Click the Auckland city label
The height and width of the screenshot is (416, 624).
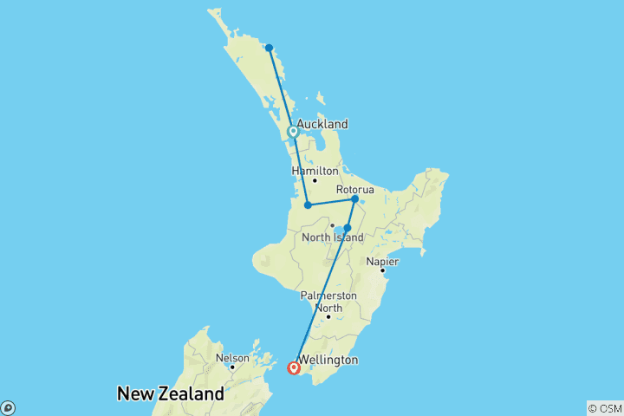click(x=322, y=124)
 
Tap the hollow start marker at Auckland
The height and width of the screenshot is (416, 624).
click(x=293, y=132)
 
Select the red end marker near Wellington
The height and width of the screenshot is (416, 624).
click(x=294, y=368)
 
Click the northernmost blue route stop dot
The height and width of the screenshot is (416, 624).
click(x=270, y=48)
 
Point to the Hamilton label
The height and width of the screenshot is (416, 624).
click(x=315, y=171)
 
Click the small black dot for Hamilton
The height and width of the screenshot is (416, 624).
click(x=315, y=180)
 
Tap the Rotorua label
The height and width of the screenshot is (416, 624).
click(x=355, y=190)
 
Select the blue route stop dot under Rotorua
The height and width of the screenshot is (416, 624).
click(x=354, y=199)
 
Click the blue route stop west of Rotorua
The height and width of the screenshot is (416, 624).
click(x=308, y=205)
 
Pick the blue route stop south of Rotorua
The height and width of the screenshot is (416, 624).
click(x=348, y=228)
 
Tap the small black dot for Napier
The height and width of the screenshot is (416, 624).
click(x=382, y=270)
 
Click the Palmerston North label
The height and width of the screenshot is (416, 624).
click(x=328, y=301)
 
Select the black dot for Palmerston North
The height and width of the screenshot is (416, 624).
click(x=328, y=316)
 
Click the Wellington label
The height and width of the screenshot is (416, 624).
click(x=327, y=360)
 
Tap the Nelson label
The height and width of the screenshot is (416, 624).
click(x=232, y=358)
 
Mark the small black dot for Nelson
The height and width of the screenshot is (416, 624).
click(x=231, y=367)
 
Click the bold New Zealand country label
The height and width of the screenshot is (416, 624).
click(x=170, y=394)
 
